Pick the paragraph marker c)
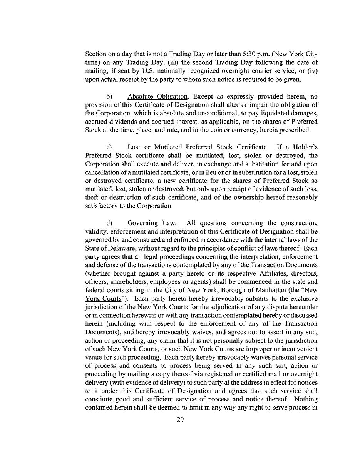pyautogui.click(x=109, y=147)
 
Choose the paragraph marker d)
pyautogui.click(x=109, y=223)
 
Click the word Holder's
pyautogui.click(x=304, y=147)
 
